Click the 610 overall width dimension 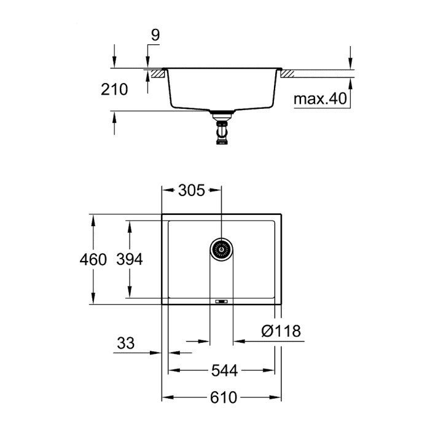[222, 397]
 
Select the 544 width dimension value [222, 370]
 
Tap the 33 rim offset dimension [125, 343]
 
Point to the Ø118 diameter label [280, 331]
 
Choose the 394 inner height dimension [130, 259]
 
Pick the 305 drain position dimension [190, 190]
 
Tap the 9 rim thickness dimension [155, 36]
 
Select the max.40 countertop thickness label [320, 98]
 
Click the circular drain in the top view [222, 248]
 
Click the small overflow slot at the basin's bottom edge [222, 301]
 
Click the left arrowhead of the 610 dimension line [166, 397]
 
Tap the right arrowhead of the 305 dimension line [217, 190]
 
